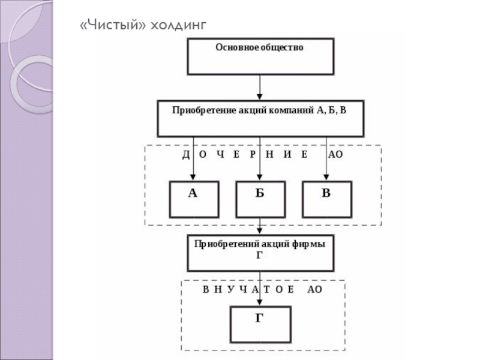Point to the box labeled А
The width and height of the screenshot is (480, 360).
coord(193,199)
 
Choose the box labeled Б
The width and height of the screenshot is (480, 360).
coord(260,199)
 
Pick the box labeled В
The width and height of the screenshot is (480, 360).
coord(326,199)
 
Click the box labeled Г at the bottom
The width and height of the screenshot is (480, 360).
coord(260,324)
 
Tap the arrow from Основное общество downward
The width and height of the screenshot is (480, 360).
coord(260,87)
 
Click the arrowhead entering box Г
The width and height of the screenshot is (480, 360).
coord(260,302)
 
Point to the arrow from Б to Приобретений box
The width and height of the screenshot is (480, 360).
coord(260,227)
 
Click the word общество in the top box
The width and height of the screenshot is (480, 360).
coord(282,47)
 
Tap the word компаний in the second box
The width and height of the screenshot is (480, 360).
coord(289,111)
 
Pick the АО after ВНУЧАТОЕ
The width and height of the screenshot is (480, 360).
coord(314,289)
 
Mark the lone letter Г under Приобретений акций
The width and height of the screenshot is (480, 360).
coord(260,254)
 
